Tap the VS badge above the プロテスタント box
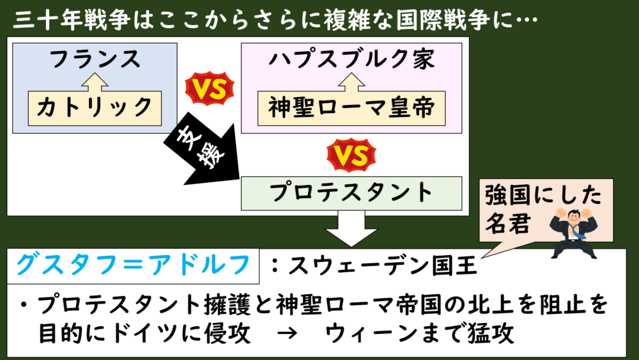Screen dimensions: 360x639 pyautogui.click(x=350, y=157)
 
